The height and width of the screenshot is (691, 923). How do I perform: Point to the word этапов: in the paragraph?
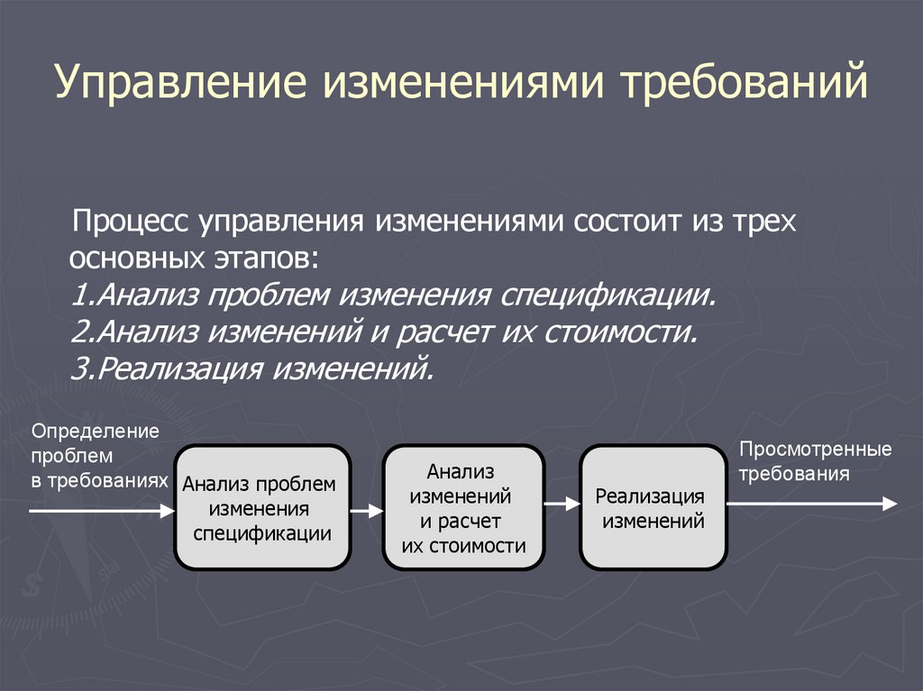267,259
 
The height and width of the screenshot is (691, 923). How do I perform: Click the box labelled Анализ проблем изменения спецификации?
261,507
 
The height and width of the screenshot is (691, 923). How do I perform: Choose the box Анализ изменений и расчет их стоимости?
463,507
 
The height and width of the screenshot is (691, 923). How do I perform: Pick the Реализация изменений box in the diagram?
653,507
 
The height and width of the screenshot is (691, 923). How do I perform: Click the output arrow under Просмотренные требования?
811,505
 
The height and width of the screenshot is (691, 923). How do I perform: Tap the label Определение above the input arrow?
96,431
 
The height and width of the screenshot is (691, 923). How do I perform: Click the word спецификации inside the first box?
262,532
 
